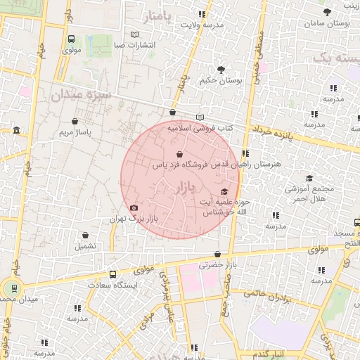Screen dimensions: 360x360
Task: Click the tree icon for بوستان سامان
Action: [x=327, y=13]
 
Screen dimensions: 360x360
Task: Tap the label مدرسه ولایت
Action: [x=202, y=25]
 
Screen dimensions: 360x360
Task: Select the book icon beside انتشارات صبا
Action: [x=135, y=34]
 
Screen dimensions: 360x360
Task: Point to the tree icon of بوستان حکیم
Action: [x=221, y=70]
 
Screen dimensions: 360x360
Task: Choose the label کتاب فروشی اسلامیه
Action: [x=200, y=129]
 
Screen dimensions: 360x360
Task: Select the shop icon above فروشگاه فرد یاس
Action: [x=179, y=154]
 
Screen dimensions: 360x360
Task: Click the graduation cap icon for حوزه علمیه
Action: [x=224, y=192]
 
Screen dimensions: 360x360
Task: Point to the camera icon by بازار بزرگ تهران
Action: [x=134, y=207]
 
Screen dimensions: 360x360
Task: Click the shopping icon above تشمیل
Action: [x=85, y=236]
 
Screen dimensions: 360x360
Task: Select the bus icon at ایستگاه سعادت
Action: [x=112, y=275]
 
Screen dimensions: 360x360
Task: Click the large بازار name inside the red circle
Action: [x=182, y=188]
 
